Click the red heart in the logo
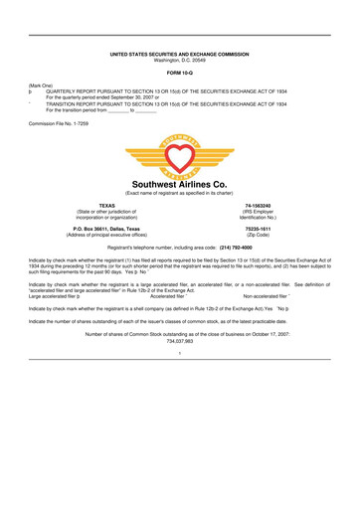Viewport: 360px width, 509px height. tap(180, 152)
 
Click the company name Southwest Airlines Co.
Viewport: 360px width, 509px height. tap(180, 184)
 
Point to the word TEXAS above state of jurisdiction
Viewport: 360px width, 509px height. tap(73, 205)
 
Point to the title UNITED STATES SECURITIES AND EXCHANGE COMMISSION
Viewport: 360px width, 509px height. tap(180, 53)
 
